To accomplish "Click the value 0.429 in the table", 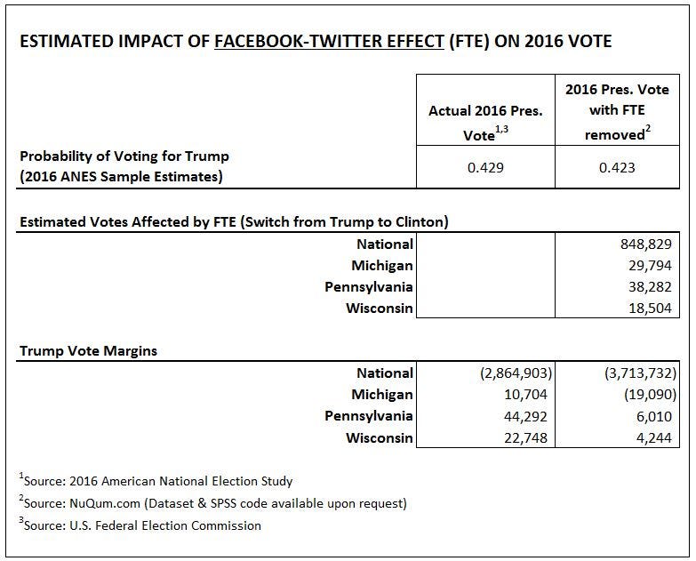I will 485,165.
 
